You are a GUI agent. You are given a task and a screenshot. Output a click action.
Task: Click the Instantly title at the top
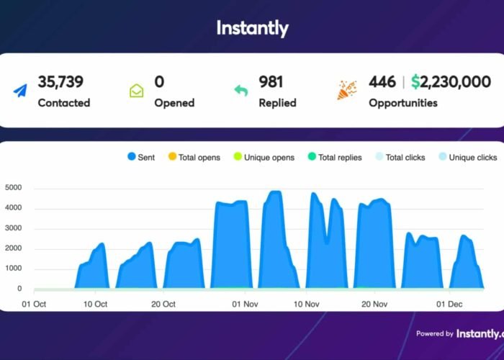pyautogui.click(x=252, y=28)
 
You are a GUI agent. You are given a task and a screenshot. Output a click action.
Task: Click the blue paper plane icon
pyautogui.click(x=19, y=91)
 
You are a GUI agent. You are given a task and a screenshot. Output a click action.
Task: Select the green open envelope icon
pyautogui.click(x=137, y=91)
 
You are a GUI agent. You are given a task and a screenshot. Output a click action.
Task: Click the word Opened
pyautogui.click(x=174, y=103)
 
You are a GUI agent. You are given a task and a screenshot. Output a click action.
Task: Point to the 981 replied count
pyautogui.click(x=271, y=82)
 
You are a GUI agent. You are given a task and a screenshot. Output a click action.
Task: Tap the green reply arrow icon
pyautogui.click(x=240, y=91)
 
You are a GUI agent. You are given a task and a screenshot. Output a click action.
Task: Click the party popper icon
pyautogui.click(x=347, y=90)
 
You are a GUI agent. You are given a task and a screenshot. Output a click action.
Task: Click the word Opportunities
pyautogui.click(x=402, y=103)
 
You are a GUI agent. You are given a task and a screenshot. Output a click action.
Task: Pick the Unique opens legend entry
pyautogui.click(x=263, y=157)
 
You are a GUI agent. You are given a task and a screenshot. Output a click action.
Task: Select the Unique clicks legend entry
pyautogui.click(x=468, y=157)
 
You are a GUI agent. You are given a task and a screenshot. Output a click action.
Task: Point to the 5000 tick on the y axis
pyautogui.click(x=14, y=189)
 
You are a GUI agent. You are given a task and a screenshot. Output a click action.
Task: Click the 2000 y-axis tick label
pyautogui.click(x=14, y=248)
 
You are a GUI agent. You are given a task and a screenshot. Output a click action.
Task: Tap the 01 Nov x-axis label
pyautogui.click(x=245, y=304)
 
